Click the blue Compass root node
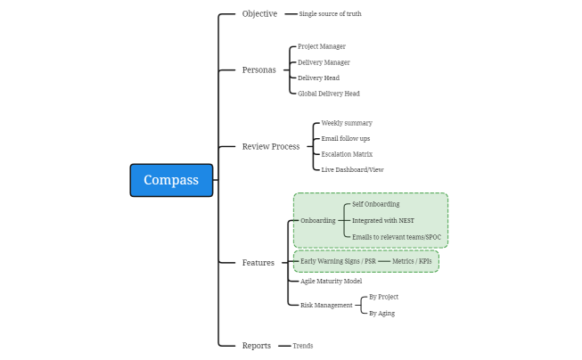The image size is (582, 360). [171, 180]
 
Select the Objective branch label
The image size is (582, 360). [259, 13]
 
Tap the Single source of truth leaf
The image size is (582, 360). [330, 14]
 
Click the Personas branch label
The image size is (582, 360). [258, 70]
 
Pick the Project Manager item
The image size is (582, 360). [321, 46]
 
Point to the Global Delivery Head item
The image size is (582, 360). [328, 94]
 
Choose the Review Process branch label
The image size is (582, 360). [271, 146]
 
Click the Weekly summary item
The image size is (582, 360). [347, 123]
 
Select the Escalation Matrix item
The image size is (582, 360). [347, 154]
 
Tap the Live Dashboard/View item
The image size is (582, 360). [352, 169]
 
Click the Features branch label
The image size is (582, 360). [258, 263]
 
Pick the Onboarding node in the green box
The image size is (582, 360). [318, 220]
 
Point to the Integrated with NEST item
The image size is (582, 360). [382, 220]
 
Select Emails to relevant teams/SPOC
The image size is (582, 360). [396, 237]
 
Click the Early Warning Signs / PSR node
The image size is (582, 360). [338, 261]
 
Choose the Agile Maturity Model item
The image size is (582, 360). [331, 282]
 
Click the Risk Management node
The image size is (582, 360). [325, 305]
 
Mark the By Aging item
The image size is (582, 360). [381, 313]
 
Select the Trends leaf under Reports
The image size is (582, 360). [303, 346]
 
